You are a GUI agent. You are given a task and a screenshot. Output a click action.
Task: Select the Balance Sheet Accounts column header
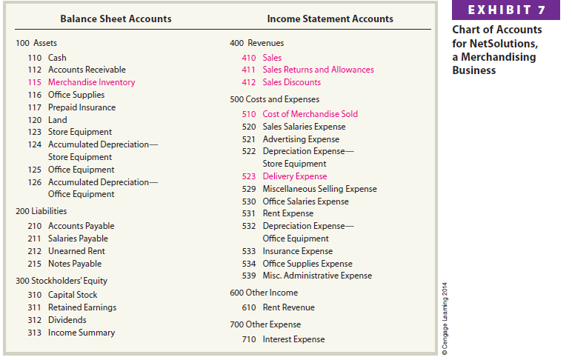[x=116, y=19]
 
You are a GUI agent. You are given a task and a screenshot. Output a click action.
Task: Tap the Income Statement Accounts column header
[x=330, y=19]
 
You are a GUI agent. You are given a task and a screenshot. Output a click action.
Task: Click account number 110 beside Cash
[x=34, y=58]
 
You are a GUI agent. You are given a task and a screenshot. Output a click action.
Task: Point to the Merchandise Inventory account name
[x=91, y=82]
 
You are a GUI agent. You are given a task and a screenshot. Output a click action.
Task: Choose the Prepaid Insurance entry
[x=82, y=107]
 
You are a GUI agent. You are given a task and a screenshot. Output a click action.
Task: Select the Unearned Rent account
[x=76, y=251]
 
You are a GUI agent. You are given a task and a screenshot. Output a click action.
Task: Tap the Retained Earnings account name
[x=82, y=307]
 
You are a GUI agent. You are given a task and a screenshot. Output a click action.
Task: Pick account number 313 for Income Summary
[x=34, y=333]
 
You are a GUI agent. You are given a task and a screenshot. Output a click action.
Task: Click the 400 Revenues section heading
[x=256, y=43]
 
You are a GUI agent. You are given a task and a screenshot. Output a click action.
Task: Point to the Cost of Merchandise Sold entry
[x=310, y=114]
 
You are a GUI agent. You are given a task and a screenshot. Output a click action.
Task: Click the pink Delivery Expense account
[x=294, y=176]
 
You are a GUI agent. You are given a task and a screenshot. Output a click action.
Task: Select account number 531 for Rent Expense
[x=249, y=213]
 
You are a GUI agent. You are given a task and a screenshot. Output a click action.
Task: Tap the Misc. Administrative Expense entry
[x=317, y=276]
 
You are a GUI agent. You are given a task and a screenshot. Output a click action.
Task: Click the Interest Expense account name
[x=293, y=339]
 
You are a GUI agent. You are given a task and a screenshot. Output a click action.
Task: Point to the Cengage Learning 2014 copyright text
[x=443, y=319]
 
